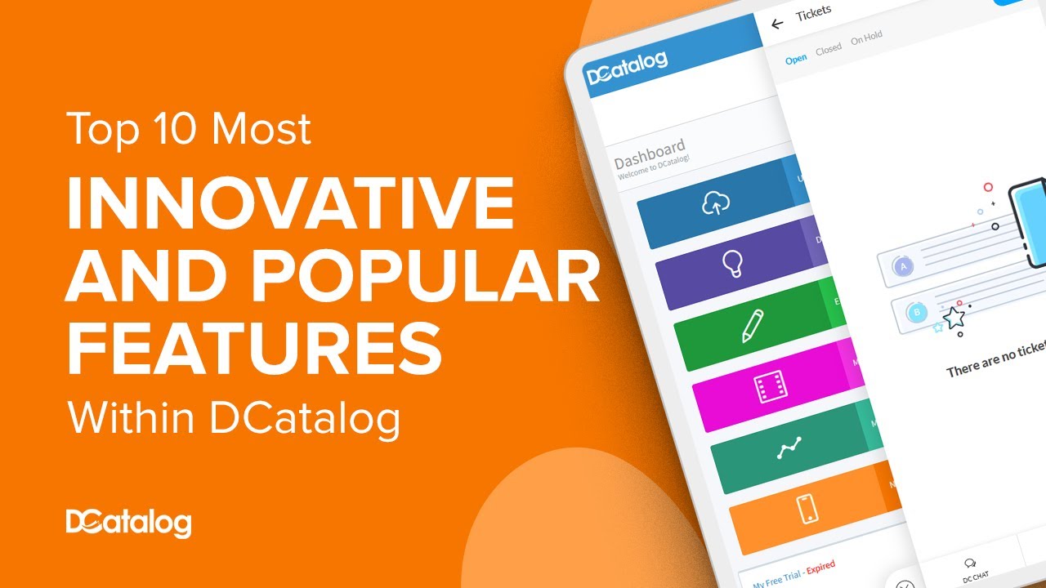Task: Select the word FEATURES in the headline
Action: [254, 349]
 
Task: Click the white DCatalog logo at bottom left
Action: [128, 523]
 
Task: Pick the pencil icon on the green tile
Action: [752, 326]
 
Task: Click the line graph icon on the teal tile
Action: [789, 448]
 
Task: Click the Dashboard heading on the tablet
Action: [650, 152]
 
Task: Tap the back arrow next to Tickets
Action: [777, 24]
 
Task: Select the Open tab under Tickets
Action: [796, 59]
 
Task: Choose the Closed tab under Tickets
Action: [829, 49]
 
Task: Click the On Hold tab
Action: [866, 38]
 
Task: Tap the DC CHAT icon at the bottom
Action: [971, 563]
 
